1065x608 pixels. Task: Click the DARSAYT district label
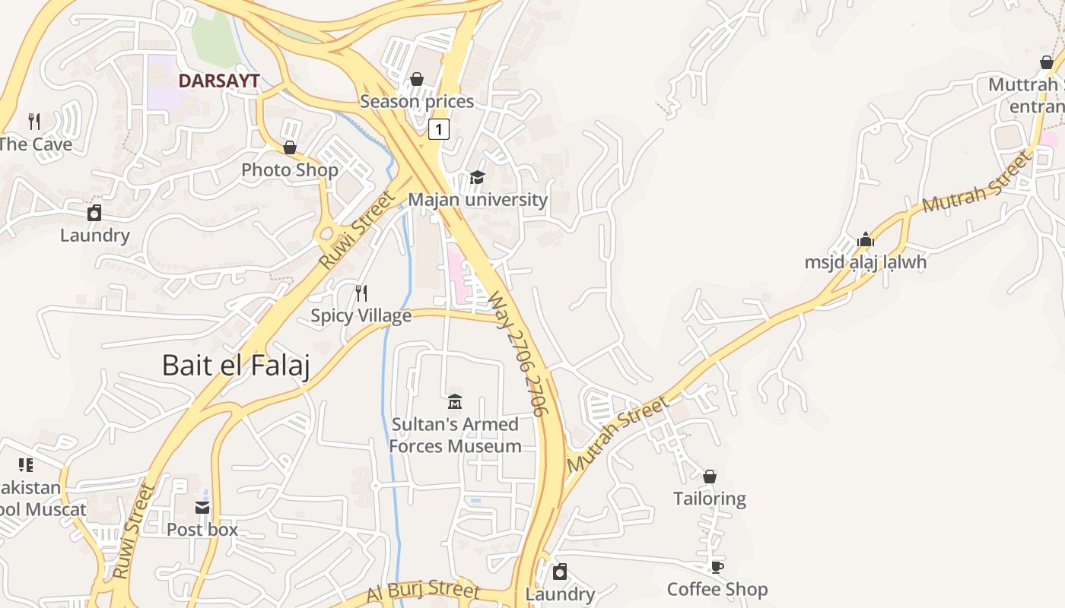coord(219,81)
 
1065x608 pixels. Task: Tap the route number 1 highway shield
coord(438,129)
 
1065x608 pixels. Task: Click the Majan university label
coord(478,200)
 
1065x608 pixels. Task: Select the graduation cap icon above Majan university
coord(477,177)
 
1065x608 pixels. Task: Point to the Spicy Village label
coord(361,315)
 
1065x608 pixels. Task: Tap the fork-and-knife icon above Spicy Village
coord(362,293)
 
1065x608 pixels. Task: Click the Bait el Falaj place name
coord(236,366)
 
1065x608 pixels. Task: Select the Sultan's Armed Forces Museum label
coord(455,435)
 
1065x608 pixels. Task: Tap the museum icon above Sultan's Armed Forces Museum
coord(455,401)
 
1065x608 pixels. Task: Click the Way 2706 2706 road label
coord(518,353)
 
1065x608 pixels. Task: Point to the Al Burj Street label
coord(423,590)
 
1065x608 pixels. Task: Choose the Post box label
coord(202,530)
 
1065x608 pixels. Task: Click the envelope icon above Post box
coord(202,508)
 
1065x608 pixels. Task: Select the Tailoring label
coord(710,499)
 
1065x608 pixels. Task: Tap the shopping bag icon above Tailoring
coord(710,477)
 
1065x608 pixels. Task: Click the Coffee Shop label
coord(717,590)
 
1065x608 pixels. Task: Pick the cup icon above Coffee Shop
coord(717,567)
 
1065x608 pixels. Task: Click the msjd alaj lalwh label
coord(866,263)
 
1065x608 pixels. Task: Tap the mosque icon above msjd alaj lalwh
coord(866,240)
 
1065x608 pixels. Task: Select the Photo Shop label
coord(290,170)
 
